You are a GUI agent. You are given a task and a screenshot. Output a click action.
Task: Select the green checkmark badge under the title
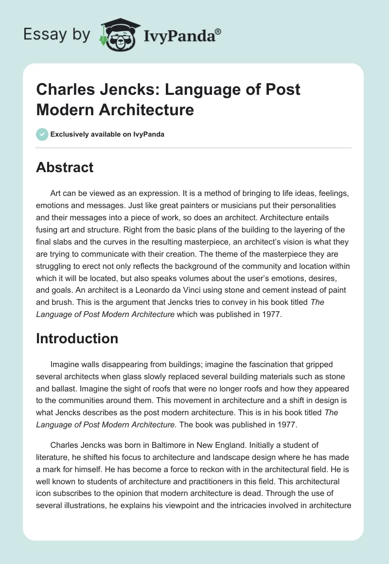[42, 134]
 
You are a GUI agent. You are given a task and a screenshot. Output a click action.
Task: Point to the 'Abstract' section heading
[65, 168]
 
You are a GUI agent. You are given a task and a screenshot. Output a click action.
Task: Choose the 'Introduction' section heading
[77, 338]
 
